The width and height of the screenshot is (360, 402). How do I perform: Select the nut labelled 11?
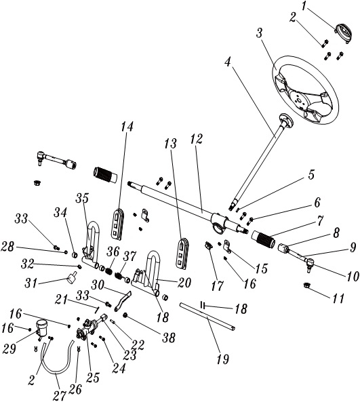pos(306,285)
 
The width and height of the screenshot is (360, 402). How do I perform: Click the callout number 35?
pos(82,199)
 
